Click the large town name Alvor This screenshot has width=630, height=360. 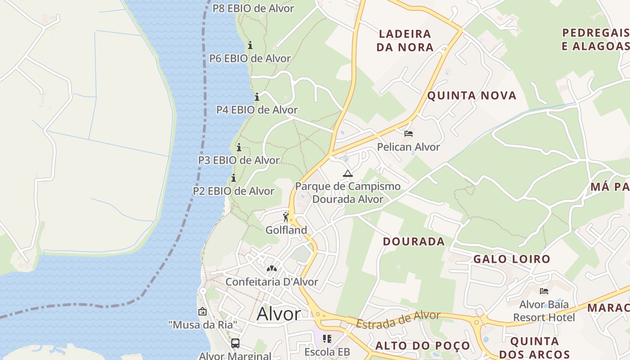279,314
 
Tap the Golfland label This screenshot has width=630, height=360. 286,230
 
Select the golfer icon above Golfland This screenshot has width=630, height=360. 286,217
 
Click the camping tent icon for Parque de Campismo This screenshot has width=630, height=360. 347,173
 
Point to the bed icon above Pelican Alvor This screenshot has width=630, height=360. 409,134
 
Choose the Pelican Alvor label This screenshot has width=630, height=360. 409,147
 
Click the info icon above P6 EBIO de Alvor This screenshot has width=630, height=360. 250,45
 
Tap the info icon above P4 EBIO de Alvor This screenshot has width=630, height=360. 257,97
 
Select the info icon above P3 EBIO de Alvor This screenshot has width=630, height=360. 239,147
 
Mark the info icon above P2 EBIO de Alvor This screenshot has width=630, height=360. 234,178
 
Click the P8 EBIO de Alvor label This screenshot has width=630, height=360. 253,8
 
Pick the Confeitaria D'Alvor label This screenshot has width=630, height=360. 272,282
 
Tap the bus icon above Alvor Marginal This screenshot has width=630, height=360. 235,343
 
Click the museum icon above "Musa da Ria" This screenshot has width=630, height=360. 202,311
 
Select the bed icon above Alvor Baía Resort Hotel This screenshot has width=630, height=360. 544,291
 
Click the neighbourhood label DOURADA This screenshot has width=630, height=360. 414,242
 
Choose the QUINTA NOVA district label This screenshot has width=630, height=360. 472,95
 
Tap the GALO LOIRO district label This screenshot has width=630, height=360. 512,259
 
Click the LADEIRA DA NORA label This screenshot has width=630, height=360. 405,40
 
